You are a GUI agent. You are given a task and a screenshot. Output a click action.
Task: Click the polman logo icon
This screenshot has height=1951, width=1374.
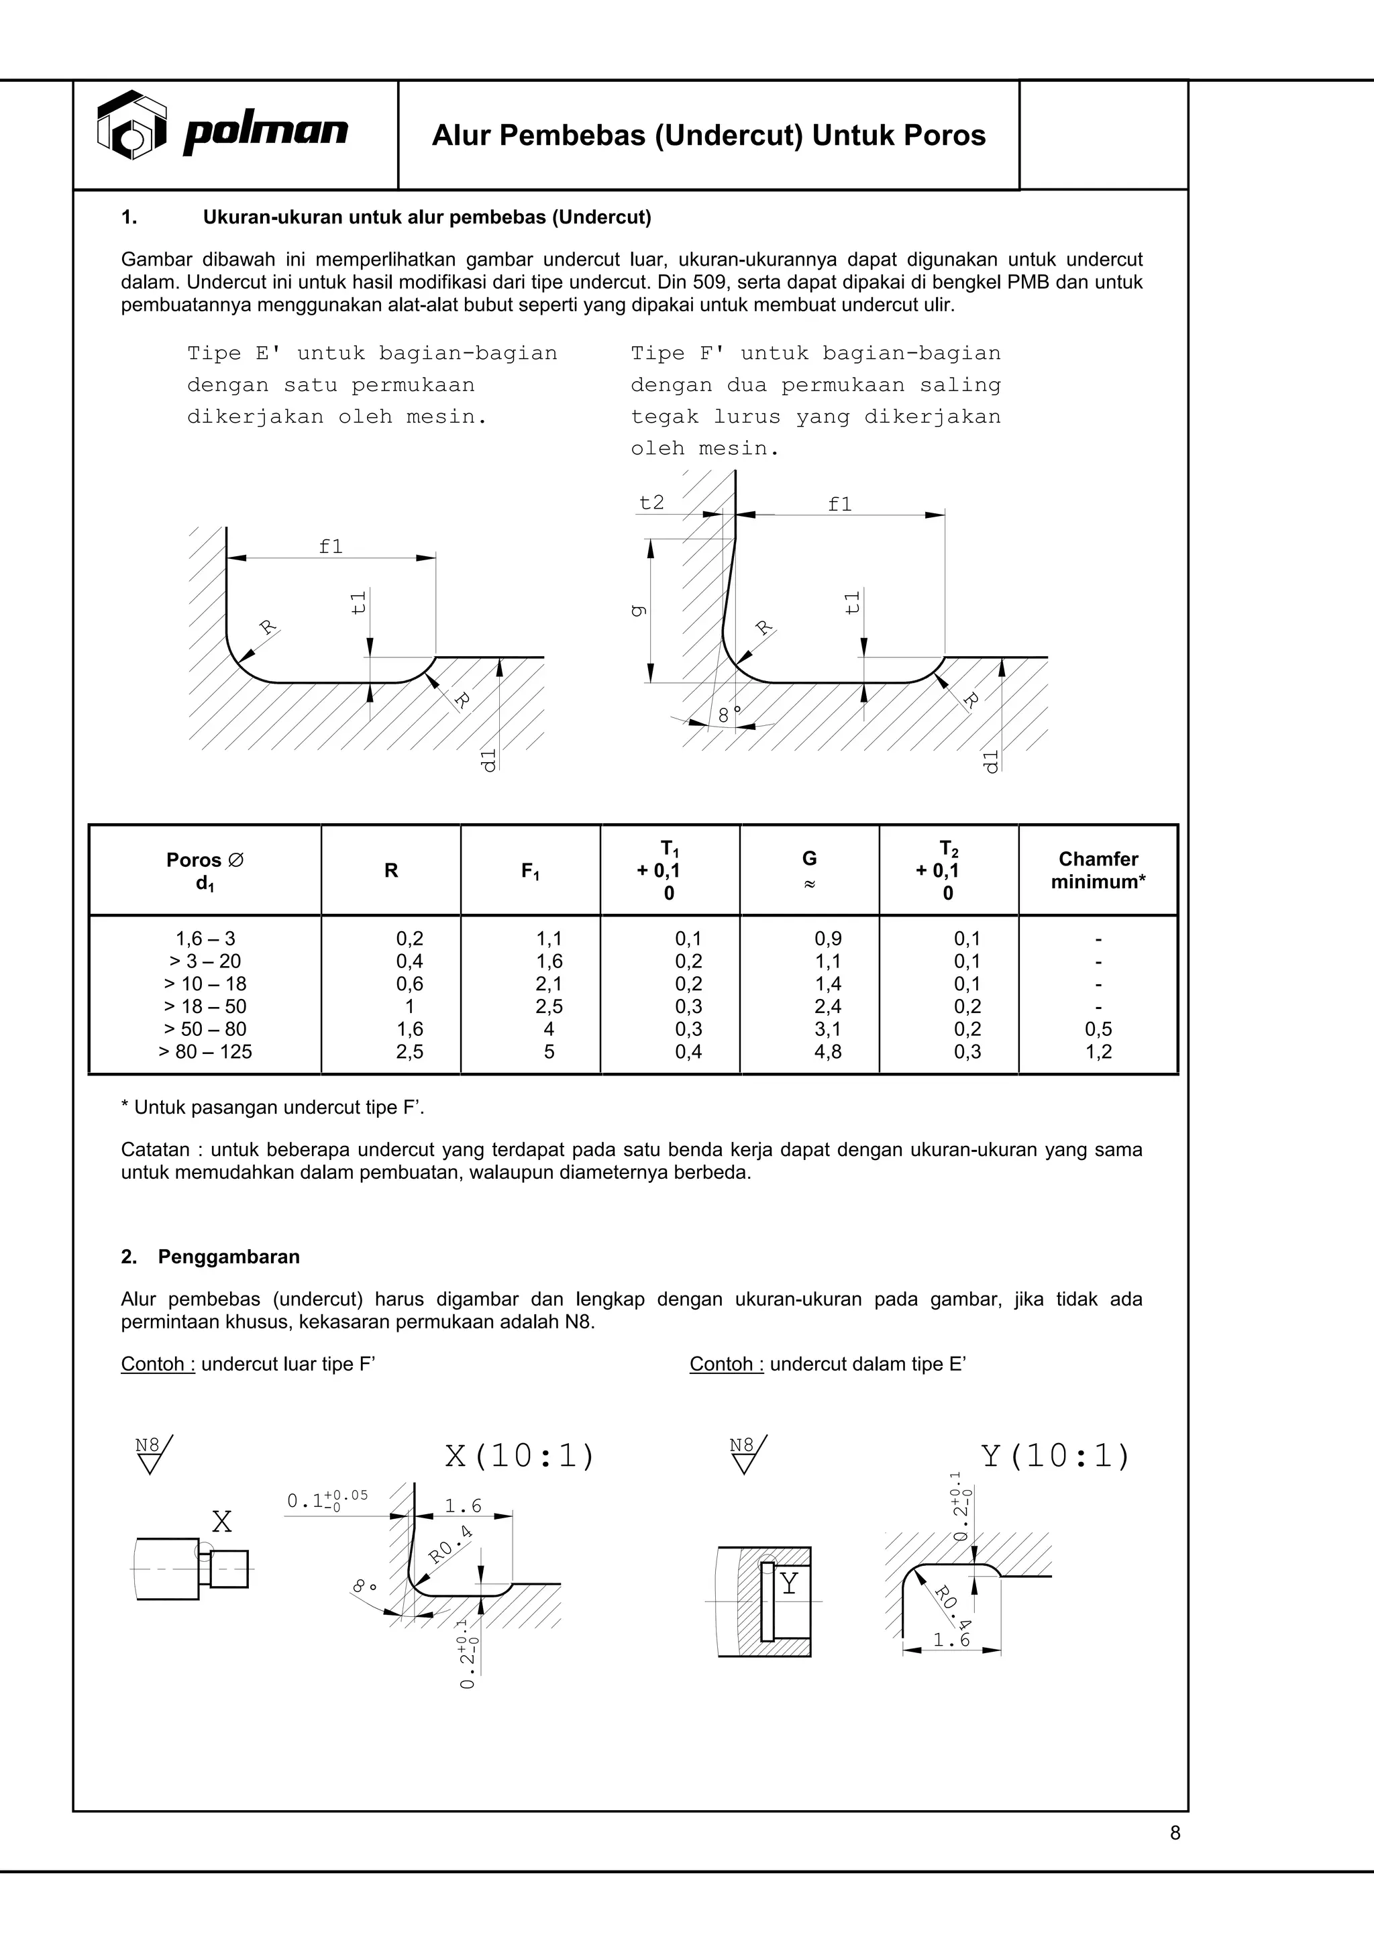coord(131,125)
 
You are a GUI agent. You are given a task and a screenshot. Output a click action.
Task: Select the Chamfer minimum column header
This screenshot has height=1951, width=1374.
coord(1098,870)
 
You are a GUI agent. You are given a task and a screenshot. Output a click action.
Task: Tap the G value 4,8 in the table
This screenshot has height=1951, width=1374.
coord(828,1052)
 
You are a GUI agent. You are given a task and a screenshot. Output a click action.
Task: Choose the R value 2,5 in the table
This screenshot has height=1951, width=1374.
coord(409,1052)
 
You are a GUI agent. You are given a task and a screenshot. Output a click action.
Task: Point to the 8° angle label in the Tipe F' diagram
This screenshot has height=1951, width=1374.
coord(729,715)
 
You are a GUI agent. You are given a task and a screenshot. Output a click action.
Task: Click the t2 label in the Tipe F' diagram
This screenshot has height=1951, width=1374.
coord(651,503)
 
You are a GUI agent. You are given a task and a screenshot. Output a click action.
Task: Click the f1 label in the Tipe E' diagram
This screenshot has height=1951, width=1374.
coord(331,546)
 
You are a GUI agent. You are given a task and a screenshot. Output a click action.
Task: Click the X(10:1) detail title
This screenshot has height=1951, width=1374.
coord(519,1456)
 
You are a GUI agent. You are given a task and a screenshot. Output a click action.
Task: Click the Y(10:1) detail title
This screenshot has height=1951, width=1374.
coord(1055,1456)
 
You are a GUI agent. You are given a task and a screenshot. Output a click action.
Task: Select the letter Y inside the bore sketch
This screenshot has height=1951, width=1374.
coord(790,1583)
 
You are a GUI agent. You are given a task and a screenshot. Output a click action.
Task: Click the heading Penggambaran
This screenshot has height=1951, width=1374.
coord(229,1257)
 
